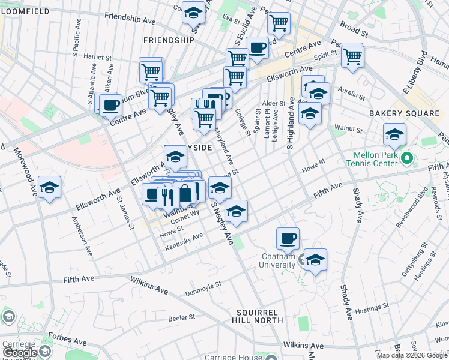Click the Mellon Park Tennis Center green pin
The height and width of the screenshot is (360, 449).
(x=407, y=159)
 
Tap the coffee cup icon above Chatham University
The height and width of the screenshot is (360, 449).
(x=288, y=238)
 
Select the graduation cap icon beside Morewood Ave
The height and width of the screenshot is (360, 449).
(x=49, y=187)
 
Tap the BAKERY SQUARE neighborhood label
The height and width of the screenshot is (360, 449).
(x=404, y=113)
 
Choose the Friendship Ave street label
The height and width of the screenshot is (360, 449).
(x=130, y=19)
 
